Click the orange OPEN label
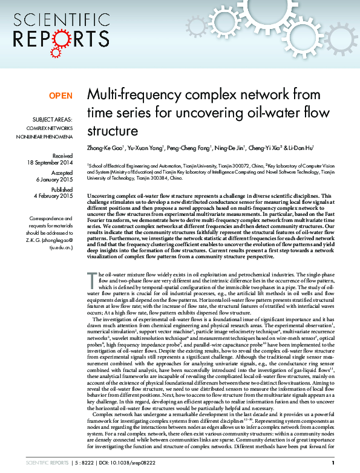coord(61,96)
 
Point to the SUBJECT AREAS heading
coord(51,119)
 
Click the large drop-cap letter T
coord(92,279)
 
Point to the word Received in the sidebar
coord(60,156)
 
